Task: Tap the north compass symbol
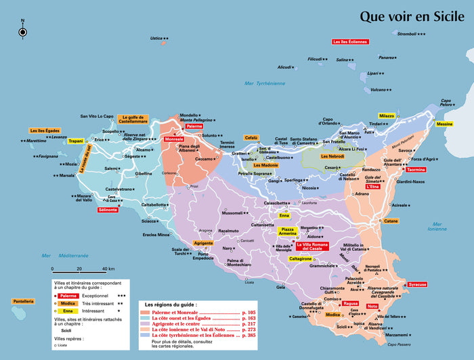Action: (x=23, y=32)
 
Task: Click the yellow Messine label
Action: (x=444, y=125)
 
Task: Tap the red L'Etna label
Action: (x=392, y=186)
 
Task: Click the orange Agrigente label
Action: (x=203, y=243)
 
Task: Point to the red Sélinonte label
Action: (x=108, y=210)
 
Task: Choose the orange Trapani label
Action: (x=76, y=141)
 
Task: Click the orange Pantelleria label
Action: (x=23, y=301)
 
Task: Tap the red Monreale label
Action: (x=174, y=139)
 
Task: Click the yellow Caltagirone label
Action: (x=301, y=259)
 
